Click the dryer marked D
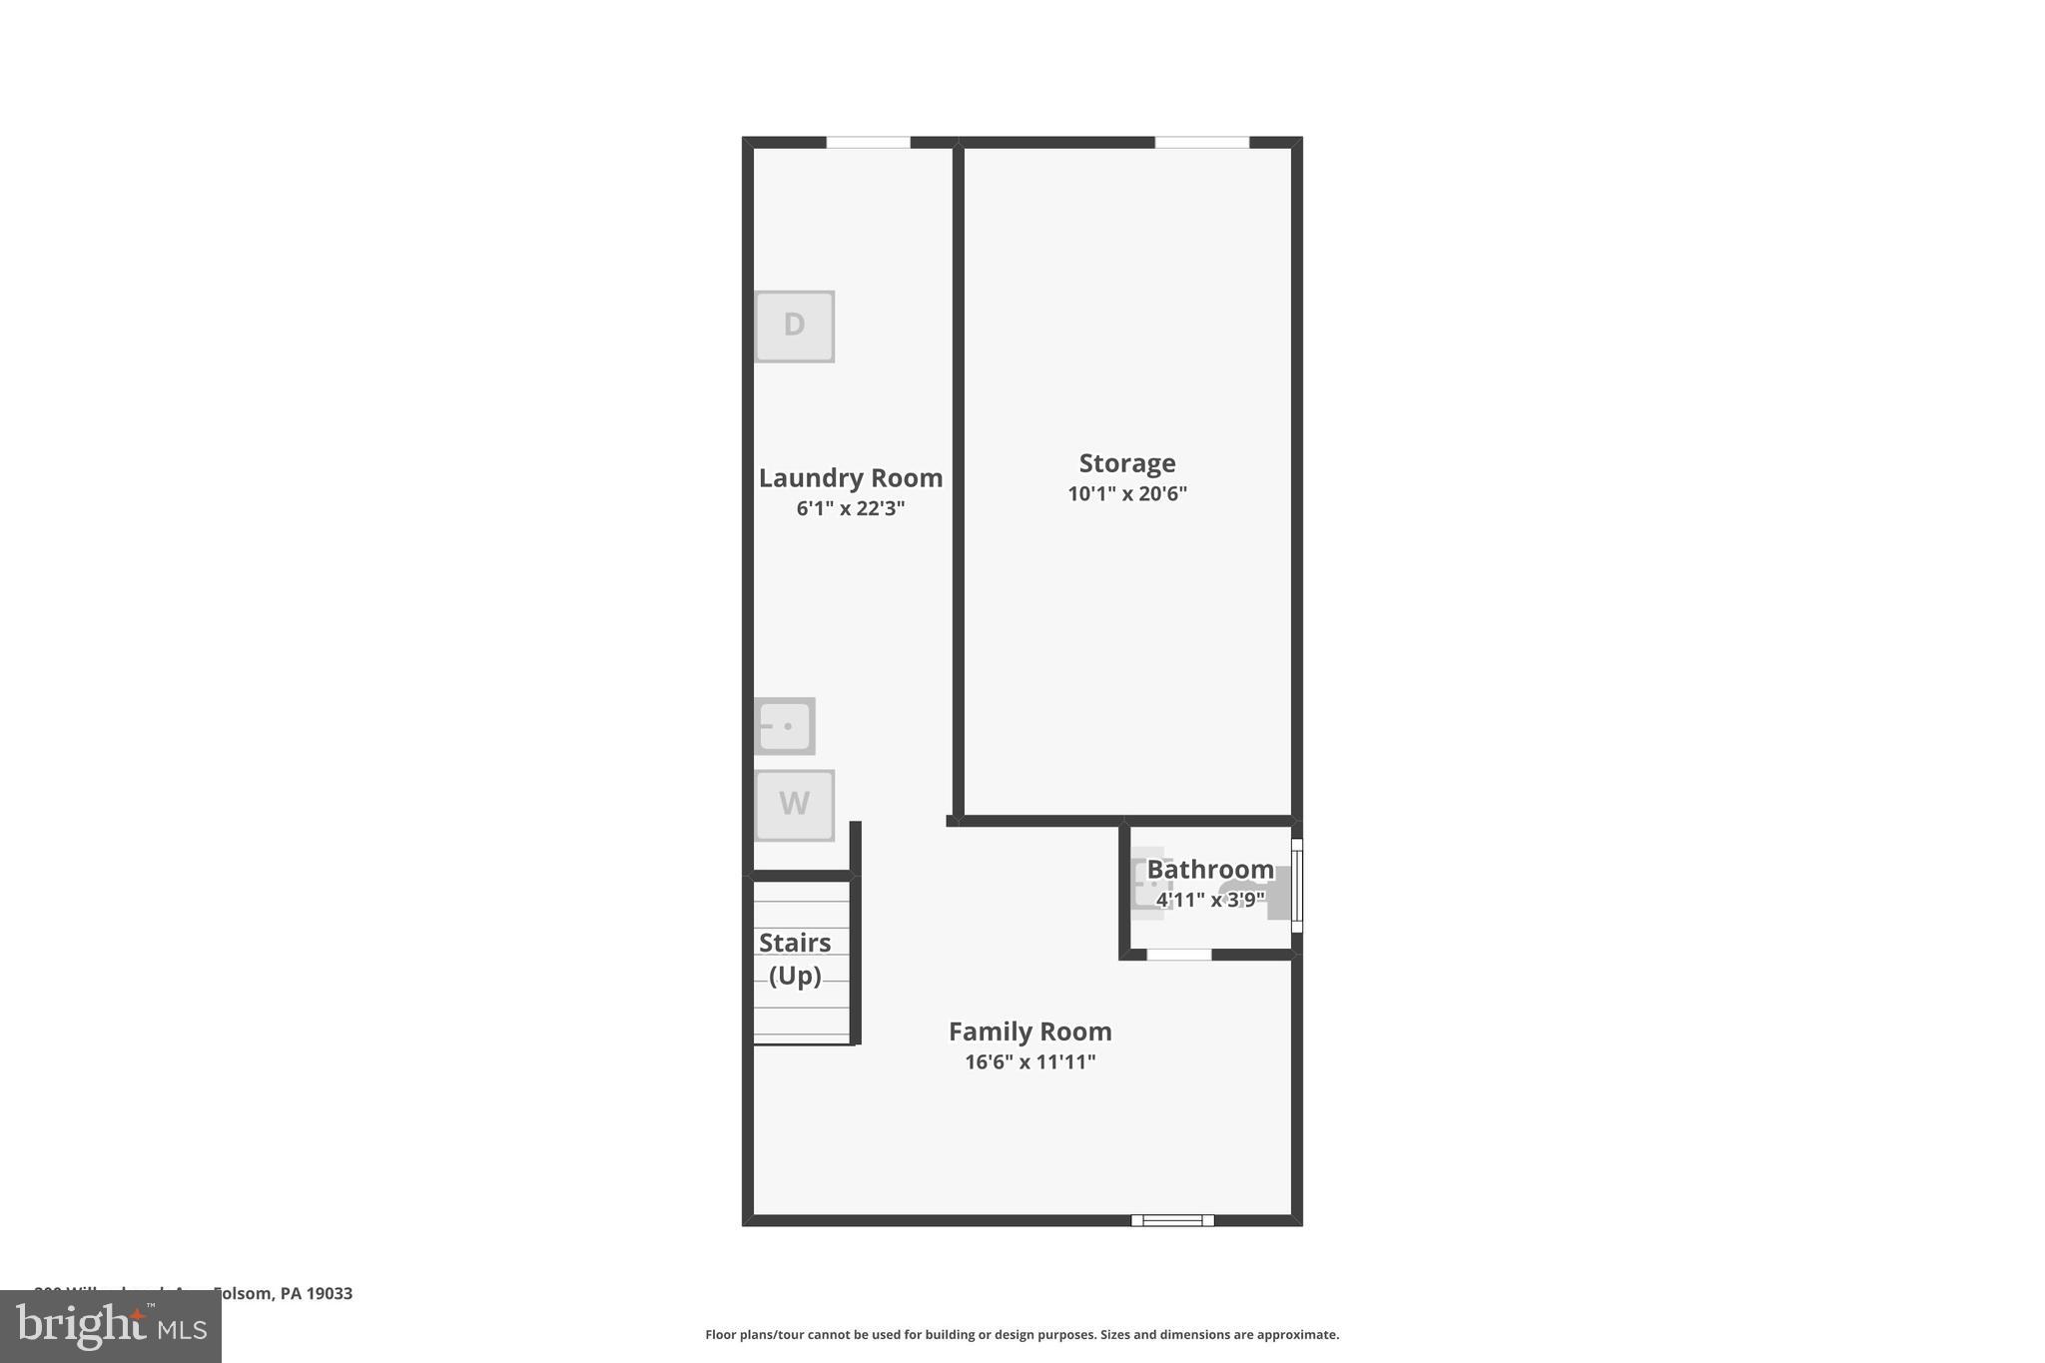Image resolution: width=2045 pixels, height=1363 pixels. (x=794, y=327)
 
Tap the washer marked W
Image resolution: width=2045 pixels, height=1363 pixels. (x=794, y=805)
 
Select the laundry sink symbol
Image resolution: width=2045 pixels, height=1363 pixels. (x=785, y=726)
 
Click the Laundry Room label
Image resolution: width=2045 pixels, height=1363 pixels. (x=851, y=478)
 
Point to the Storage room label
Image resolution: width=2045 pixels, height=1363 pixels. (x=1127, y=463)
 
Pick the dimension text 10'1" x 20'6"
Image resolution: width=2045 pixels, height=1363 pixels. (x=1127, y=493)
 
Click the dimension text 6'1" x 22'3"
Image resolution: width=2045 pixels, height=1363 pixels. (x=851, y=508)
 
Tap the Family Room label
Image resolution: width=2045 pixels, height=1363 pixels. (x=1029, y=1031)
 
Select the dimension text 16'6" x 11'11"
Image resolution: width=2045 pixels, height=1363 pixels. (x=1029, y=1062)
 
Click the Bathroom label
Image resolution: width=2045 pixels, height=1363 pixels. (x=1210, y=870)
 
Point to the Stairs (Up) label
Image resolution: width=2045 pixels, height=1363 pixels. (x=795, y=959)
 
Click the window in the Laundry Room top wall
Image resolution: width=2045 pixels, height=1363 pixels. (x=868, y=143)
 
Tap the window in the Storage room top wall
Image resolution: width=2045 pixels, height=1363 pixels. (x=1202, y=143)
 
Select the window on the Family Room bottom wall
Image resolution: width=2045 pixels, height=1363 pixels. (x=1172, y=1220)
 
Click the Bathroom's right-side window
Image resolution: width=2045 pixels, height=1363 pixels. (x=1297, y=886)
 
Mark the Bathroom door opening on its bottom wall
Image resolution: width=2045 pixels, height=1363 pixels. (x=1178, y=956)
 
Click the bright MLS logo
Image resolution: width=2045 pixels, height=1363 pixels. (x=111, y=1326)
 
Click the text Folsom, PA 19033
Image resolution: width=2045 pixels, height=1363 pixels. (x=283, y=1294)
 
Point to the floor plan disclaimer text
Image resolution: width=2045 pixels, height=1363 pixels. (x=1022, y=1335)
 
